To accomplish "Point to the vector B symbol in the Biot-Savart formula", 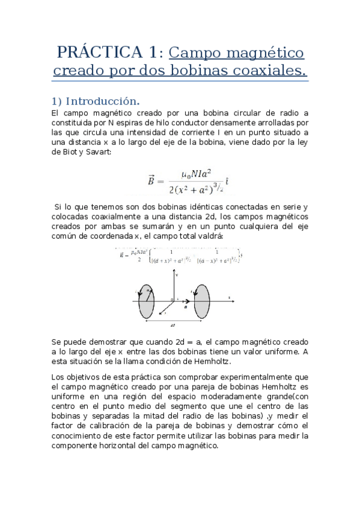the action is click(151, 180).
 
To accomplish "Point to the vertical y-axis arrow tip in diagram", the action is click(175, 273).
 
